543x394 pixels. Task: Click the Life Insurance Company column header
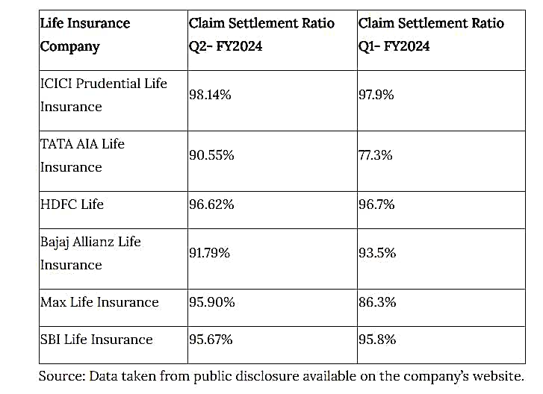(85, 34)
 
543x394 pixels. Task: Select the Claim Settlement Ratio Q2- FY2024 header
(261, 34)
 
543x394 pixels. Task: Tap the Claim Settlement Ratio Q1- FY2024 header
(431, 34)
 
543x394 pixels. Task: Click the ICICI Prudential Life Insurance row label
(103, 95)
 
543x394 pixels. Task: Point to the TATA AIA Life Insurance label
(82, 155)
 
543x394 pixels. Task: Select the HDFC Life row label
(72, 204)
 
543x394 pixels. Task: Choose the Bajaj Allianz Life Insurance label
(90, 253)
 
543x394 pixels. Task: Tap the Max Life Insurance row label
(99, 302)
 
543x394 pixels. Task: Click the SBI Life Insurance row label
(96, 340)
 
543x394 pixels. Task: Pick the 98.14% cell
(211, 95)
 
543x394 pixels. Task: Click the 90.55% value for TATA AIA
(211, 155)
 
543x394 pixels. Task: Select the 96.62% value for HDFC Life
(211, 204)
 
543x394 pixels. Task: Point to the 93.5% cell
(376, 253)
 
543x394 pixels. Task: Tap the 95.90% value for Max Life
(212, 302)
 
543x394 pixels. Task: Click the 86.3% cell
(376, 302)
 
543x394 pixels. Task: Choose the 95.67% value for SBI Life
(211, 340)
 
